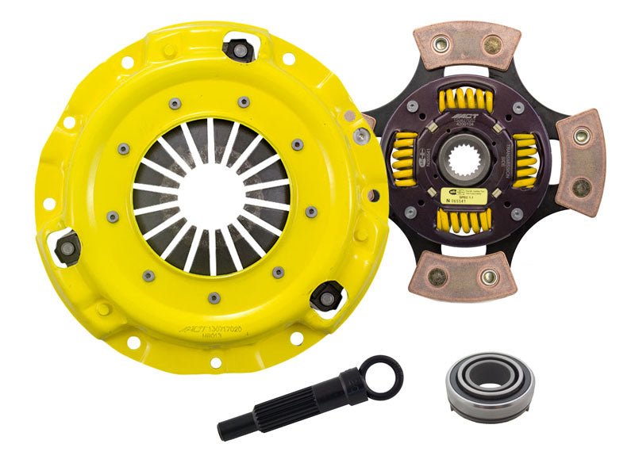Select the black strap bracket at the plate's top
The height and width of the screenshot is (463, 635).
[x=238, y=49]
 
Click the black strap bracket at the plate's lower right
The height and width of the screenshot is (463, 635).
[x=325, y=297]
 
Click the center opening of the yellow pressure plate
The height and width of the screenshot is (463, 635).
[x=211, y=193]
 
